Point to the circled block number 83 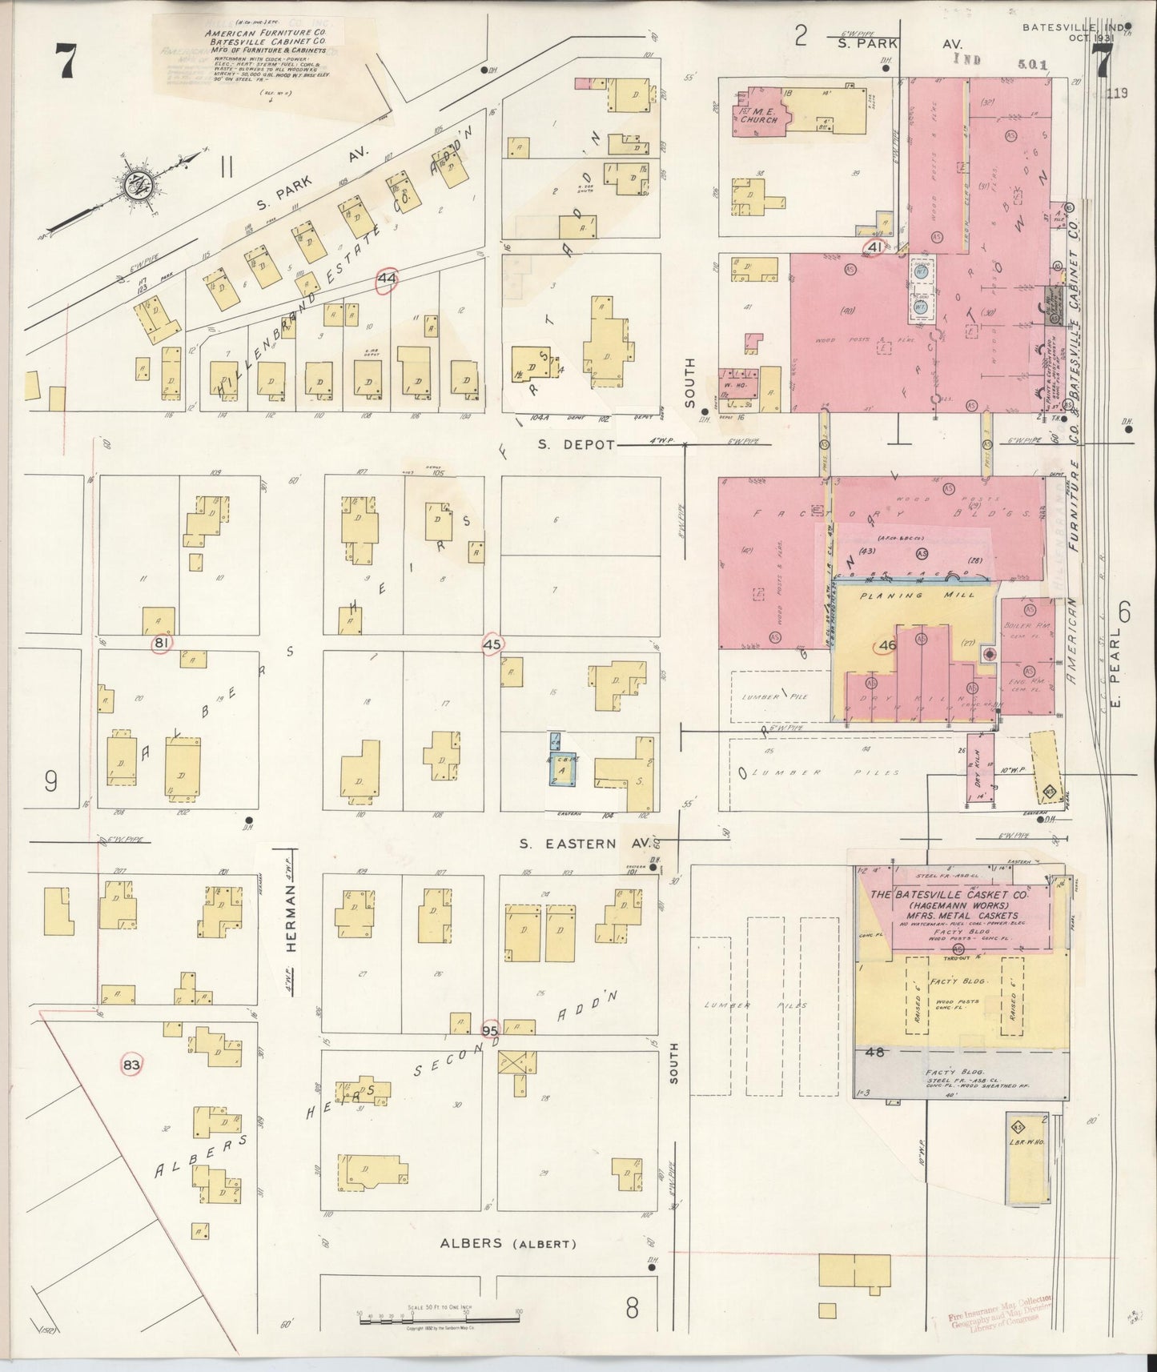(x=131, y=1065)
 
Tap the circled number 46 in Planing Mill (x=886, y=644)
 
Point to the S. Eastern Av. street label (x=568, y=843)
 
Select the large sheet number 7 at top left (x=66, y=61)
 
